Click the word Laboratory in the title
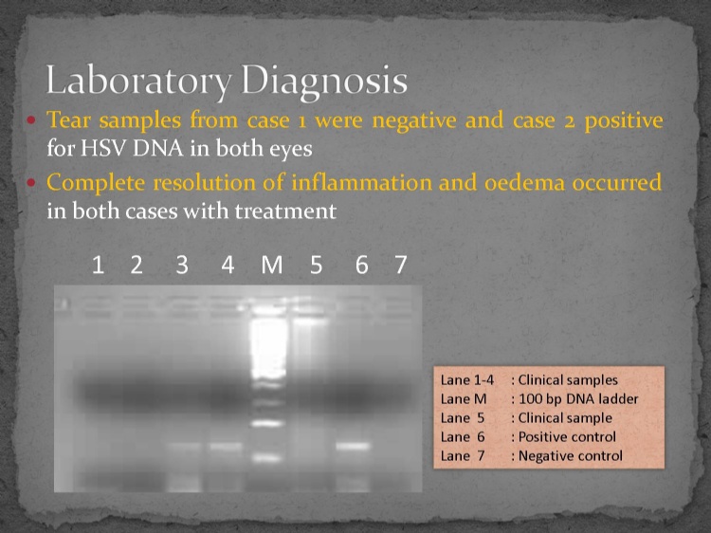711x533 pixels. pos(138,82)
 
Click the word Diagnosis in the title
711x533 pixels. pos(324,80)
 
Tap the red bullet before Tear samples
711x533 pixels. pos(31,120)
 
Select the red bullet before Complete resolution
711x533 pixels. pos(31,182)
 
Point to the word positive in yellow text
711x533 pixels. pos(624,121)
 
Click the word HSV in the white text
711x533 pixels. pos(103,148)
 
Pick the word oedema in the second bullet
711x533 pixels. pos(524,182)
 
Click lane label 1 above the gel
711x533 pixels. pos(98,265)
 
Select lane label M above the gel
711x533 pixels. pos(272,265)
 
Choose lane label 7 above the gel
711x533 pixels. pos(400,265)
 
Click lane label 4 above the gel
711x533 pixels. pos(228,265)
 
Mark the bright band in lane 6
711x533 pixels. pos(354,446)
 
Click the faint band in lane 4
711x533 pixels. pos(226,447)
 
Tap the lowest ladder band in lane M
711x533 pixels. pos(267,458)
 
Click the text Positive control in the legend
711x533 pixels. pos(567,437)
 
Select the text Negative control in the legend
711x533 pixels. pos(571,456)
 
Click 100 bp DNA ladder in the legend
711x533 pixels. pos(578,399)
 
